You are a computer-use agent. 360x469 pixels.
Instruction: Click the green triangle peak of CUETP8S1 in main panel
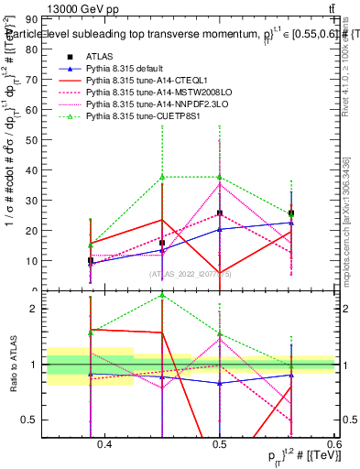pos(161,176)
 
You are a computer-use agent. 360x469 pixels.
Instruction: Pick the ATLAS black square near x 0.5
pos(220,213)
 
